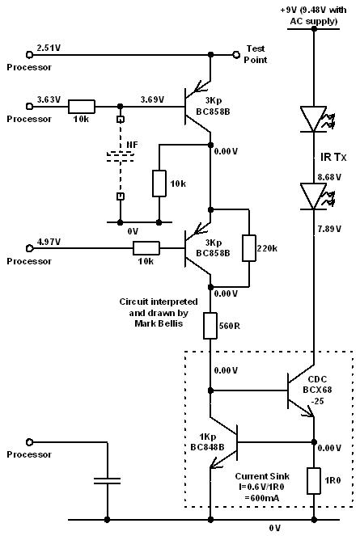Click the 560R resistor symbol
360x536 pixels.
click(210, 327)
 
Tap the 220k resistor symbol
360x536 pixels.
click(250, 248)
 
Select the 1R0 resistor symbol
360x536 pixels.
click(312, 481)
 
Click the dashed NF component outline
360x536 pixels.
click(120, 156)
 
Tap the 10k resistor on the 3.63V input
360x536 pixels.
click(81, 107)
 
